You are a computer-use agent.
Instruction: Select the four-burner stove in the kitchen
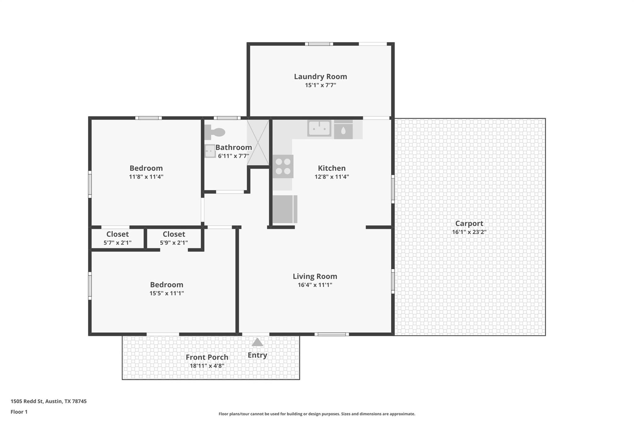pos(283,166)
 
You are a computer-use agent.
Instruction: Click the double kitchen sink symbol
pos(319,128)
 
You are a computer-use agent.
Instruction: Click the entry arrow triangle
pos(257,342)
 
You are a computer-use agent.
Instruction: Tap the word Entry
pos(257,355)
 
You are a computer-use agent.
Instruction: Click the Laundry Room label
pos(320,76)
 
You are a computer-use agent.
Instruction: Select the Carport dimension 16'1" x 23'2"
pos(469,232)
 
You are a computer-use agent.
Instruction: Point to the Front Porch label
pos(207,357)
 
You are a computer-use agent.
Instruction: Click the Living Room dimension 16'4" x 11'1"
pos(315,285)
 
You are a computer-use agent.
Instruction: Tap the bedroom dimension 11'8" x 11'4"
pos(146,177)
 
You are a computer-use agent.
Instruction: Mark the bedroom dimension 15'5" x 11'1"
pos(167,293)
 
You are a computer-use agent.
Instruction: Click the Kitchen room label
pos(332,168)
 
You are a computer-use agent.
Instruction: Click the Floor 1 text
pos(19,412)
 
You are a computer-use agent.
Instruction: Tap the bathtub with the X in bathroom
pos(258,143)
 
